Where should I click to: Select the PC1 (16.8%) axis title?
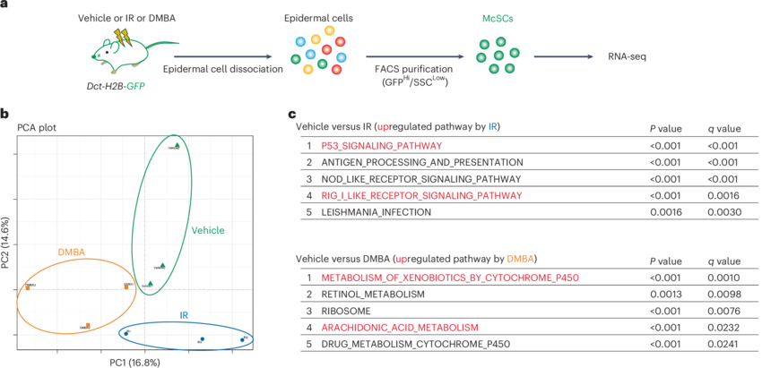pyautogui.click(x=134, y=362)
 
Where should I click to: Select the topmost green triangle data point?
pyautogui.click(x=178, y=144)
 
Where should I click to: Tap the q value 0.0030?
pyautogui.click(x=723, y=212)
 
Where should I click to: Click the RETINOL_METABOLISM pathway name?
pyautogui.click(x=377, y=295)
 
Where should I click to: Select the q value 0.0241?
pyautogui.click(x=723, y=344)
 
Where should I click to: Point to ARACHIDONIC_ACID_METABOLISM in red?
pyautogui.click(x=412, y=328)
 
